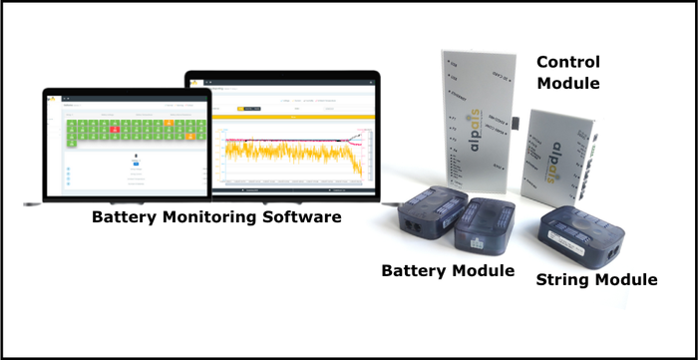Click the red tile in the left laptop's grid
click(115, 129)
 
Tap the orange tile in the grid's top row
click(171, 122)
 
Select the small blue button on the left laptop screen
click(135, 156)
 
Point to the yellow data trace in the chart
click(289, 151)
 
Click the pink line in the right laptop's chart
click(299, 139)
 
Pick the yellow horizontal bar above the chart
click(294, 117)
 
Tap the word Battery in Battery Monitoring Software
click(124, 215)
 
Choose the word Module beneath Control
click(567, 83)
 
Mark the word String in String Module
click(561, 280)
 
